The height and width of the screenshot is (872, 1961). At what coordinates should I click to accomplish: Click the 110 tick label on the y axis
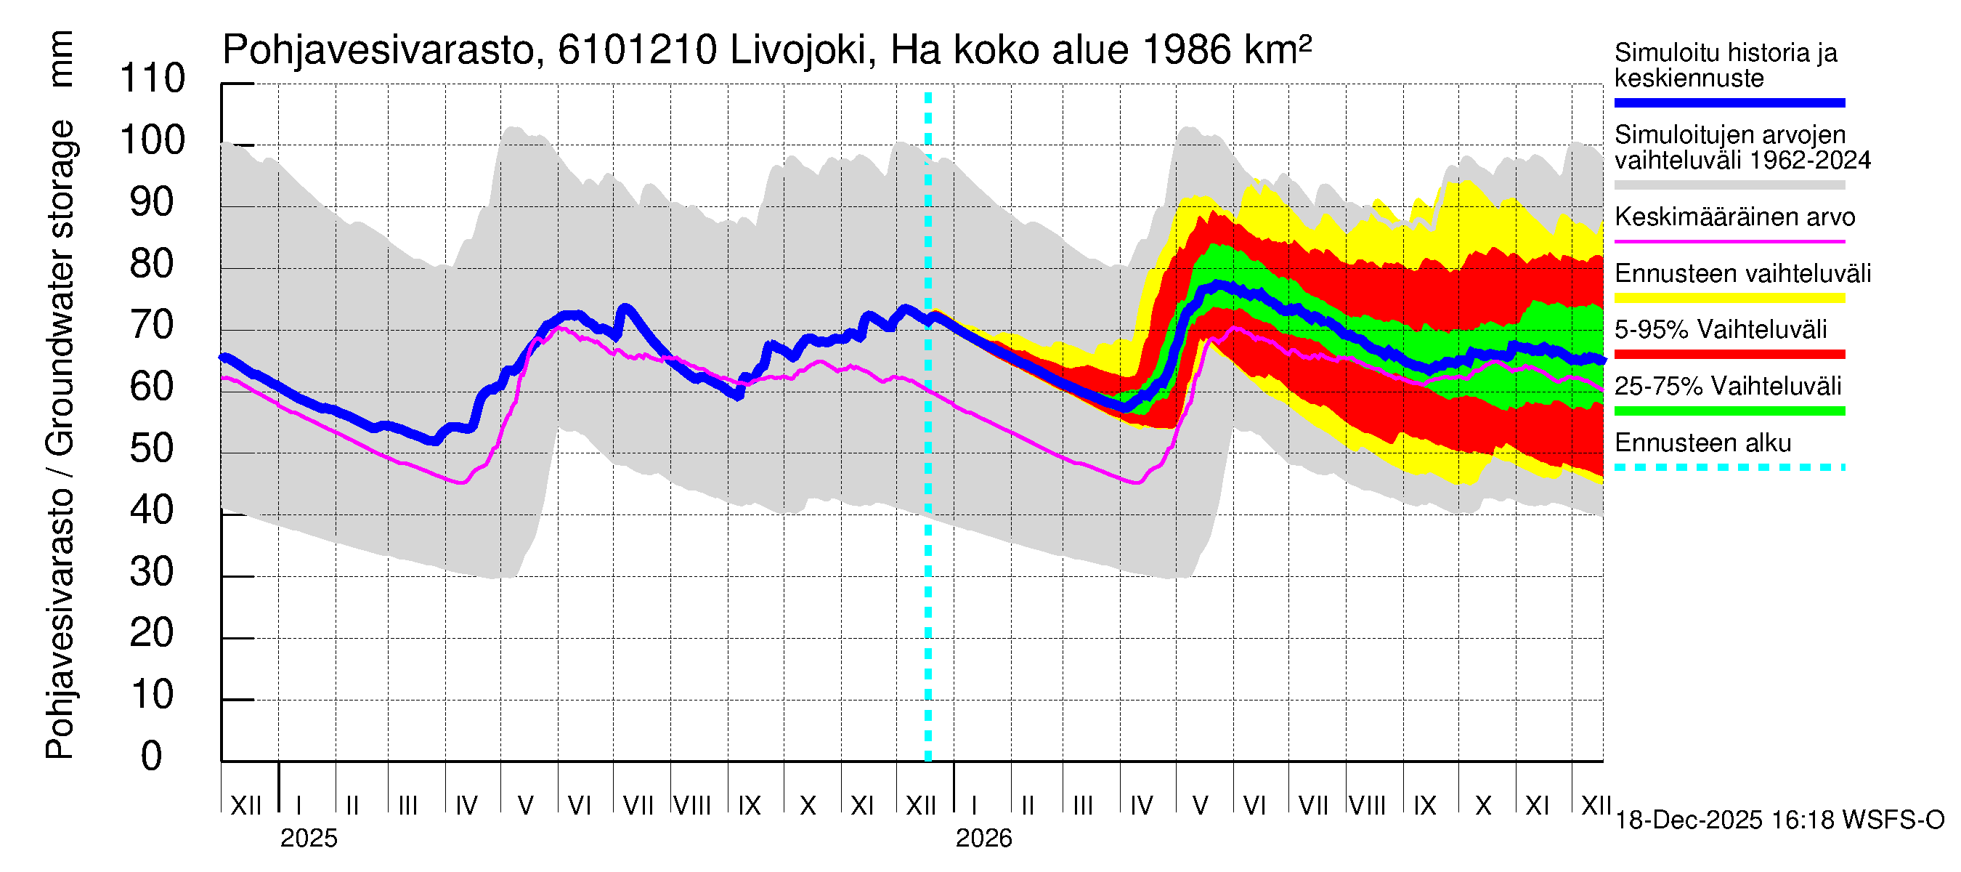point(153,78)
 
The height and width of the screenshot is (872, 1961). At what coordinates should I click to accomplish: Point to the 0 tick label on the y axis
point(152,756)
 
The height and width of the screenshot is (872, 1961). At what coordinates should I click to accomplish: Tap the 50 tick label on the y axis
point(153,448)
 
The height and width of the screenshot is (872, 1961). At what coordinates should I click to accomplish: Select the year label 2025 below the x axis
point(308,839)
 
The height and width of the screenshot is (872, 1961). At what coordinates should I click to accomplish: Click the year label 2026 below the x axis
point(983,839)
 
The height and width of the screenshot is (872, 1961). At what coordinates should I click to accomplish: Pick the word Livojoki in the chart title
point(797,51)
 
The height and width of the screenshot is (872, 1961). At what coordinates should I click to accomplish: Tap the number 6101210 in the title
point(637,51)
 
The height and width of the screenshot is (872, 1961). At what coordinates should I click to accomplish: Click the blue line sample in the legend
point(1729,102)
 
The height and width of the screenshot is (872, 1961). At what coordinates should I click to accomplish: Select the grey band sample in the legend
point(1729,185)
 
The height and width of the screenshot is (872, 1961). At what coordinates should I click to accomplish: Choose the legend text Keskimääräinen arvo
point(1734,217)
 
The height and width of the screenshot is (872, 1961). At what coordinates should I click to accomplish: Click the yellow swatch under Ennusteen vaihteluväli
point(1729,298)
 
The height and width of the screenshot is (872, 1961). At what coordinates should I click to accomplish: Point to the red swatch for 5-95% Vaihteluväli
point(1729,354)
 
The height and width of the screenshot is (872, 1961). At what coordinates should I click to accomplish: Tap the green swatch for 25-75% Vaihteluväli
point(1729,411)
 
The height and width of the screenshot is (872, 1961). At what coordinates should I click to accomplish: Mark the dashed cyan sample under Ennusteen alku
point(1729,467)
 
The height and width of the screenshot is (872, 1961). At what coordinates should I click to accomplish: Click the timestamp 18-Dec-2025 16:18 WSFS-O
point(1779,820)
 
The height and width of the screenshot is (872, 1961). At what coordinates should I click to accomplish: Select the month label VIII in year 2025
point(693,806)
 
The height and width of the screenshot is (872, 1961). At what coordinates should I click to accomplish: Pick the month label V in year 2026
point(1200,806)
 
